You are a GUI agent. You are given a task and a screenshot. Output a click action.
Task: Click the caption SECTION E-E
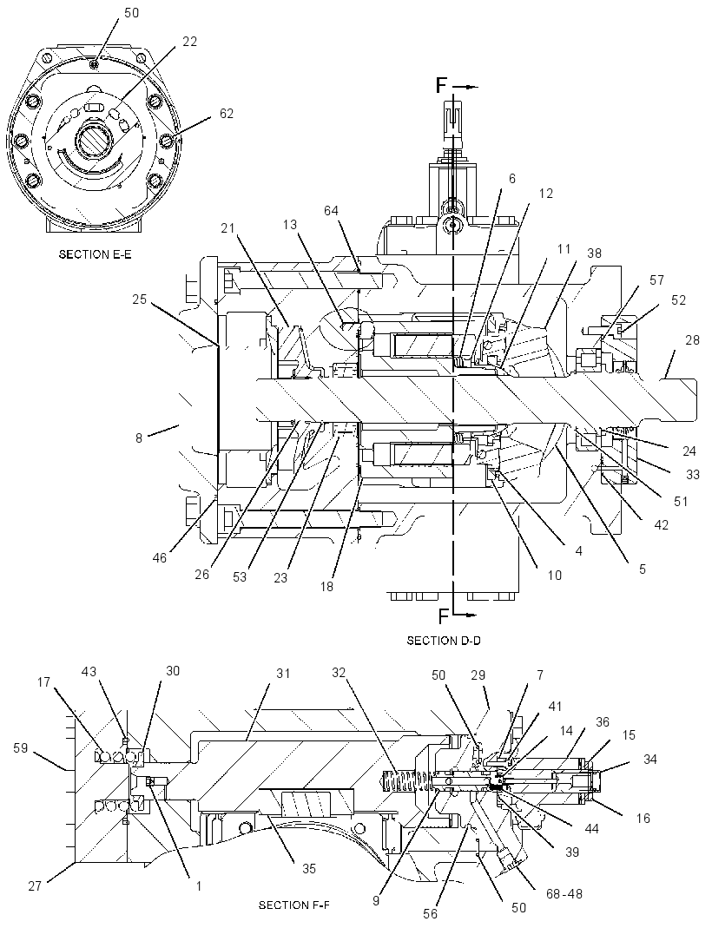click(x=95, y=255)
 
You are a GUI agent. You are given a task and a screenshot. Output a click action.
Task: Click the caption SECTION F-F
click(x=294, y=905)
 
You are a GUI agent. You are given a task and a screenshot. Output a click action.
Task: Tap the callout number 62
click(x=227, y=113)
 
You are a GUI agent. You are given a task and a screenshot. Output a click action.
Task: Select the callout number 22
click(x=189, y=42)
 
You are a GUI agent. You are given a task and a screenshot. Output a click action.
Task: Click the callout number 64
click(x=331, y=210)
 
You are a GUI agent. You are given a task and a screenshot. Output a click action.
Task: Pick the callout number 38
click(x=594, y=253)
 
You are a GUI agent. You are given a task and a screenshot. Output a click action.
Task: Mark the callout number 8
click(x=139, y=439)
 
